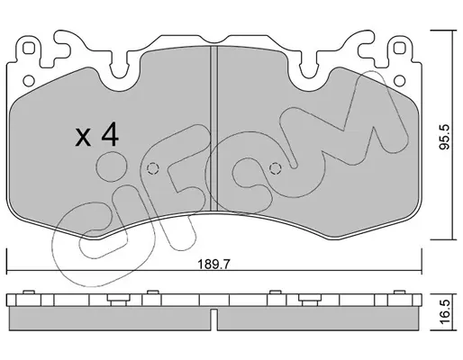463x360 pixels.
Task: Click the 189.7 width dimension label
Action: tap(213, 265)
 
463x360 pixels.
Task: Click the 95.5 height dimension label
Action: tap(445, 137)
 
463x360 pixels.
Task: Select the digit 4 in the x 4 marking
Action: tap(110, 135)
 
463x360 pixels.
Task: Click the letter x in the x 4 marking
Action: tap(83, 138)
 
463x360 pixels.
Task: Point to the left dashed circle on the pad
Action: tap(152, 168)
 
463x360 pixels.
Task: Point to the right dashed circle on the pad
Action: tap(276, 168)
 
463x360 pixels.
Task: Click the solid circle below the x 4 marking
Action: tap(112, 166)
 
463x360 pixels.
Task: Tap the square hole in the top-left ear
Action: tap(28, 48)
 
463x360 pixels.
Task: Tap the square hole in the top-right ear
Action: tap(399, 48)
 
